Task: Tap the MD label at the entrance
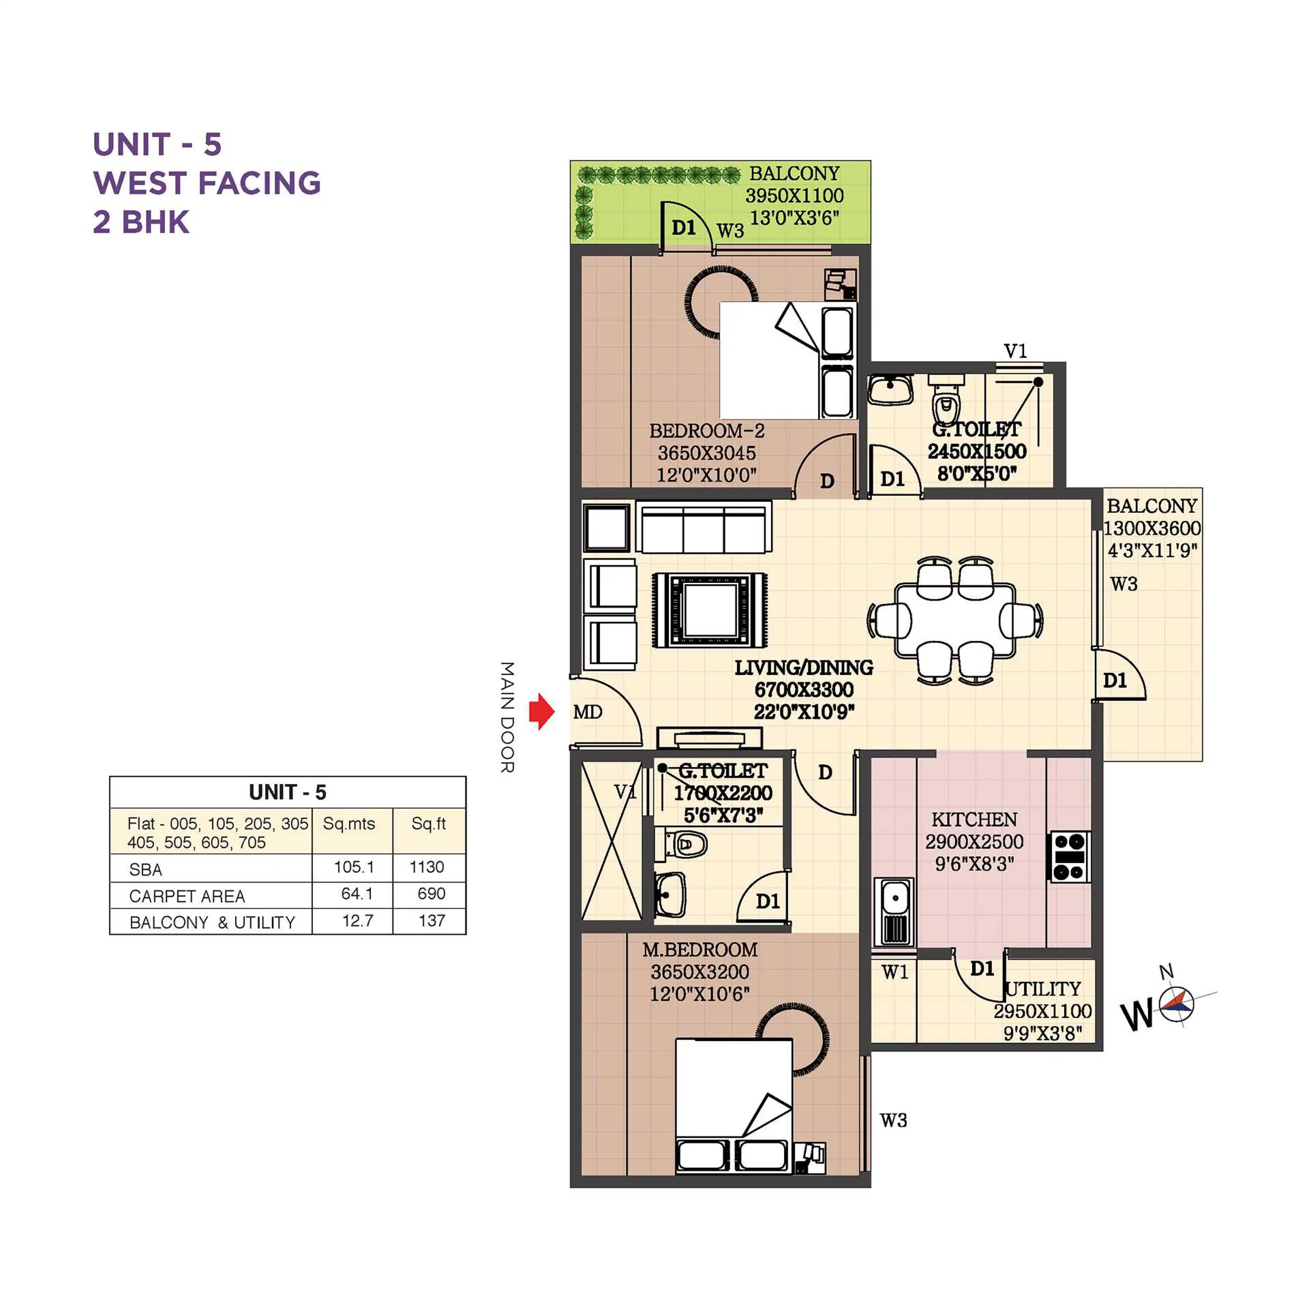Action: [x=587, y=712]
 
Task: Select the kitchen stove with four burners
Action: [x=1070, y=856]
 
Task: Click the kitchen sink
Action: [x=894, y=912]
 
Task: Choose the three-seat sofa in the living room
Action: [x=704, y=528]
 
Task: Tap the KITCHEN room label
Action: [x=974, y=820]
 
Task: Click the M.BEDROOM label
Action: [x=700, y=950]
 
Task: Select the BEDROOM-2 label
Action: [x=707, y=431]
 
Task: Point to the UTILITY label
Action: [x=1043, y=989]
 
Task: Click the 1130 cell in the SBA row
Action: [x=427, y=867]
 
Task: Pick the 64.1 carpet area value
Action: [x=357, y=894]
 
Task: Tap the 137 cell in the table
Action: [x=432, y=921]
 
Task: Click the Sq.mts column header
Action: [x=349, y=824]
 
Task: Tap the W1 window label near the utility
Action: [x=894, y=972]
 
